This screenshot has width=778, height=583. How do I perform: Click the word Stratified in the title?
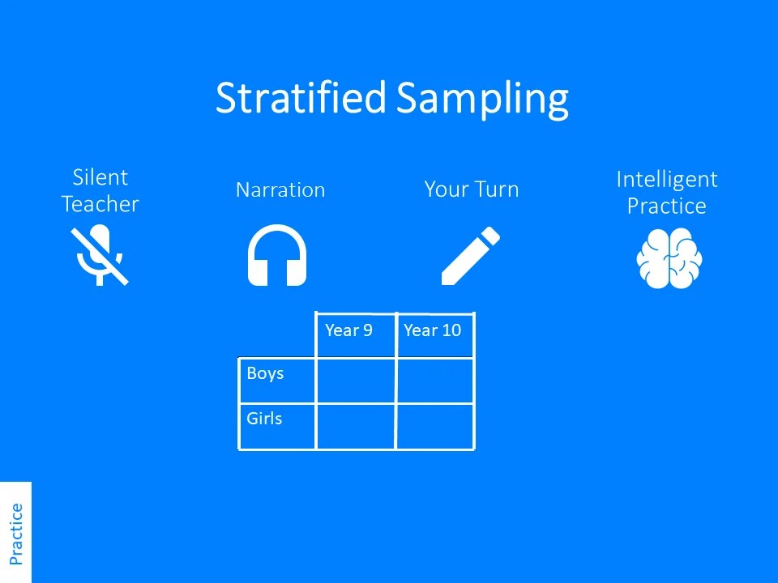pyautogui.click(x=301, y=97)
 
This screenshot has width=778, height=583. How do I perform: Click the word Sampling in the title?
pyautogui.click(x=482, y=100)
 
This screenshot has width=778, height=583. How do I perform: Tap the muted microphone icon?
pyautogui.click(x=100, y=255)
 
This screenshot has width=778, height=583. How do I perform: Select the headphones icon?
pyautogui.click(x=277, y=255)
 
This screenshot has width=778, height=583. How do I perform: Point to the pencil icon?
pyautogui.click(x=470, y=256)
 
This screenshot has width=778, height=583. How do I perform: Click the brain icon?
pyautogui.click(x=669, y=258)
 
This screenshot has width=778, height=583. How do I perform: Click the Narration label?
pyautogui.click(x=280, y=189)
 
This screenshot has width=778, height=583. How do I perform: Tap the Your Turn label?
pyautogui.click(x=472, y=189)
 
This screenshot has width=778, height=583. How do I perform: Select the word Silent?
pyautogui.click(x=100, y=177)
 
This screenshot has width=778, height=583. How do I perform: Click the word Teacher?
pyautogui.click(x=100, y=204)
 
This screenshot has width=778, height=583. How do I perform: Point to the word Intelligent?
pyautogui.click(x=667, y=181)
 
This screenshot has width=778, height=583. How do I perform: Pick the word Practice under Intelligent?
pyautogui.click(x=666, y=206)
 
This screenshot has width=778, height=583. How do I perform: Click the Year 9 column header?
pyautogui.click(x=348, y=330)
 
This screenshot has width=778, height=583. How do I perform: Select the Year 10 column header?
pyautogui.click(x=432, y=330)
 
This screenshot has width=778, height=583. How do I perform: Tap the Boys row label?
pyautogui.click(x=265, y=372)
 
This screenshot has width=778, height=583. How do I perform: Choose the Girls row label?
pyautogui.click(x=264, y=419)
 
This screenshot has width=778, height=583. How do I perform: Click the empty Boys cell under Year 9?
pyautogui.click(x=356, y=381)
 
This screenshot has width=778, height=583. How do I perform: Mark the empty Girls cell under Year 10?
pyautogui.click(x=435, y=427)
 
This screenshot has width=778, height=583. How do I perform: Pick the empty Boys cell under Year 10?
pyautogui.click(x=435, y=381)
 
